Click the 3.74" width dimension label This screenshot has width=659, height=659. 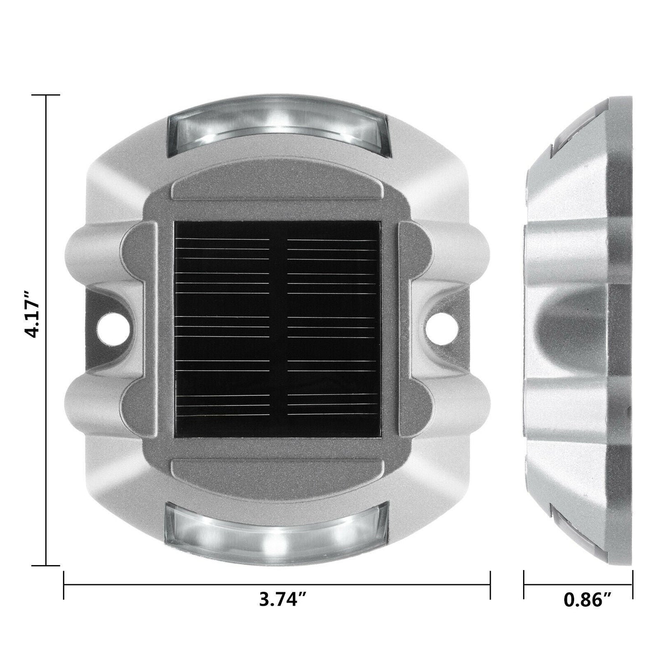tap(285, 612)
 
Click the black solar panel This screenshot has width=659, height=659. tap(276, 328)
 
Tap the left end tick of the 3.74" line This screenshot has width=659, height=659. tap(63, 585)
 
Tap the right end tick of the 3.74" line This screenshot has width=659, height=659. tap(490, 585)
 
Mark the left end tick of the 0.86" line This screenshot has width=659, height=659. tap(524, 585)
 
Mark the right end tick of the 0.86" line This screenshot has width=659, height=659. tap(632, 585)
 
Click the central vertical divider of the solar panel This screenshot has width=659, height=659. tap(276, 328)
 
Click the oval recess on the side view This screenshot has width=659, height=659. tap(566, 329)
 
